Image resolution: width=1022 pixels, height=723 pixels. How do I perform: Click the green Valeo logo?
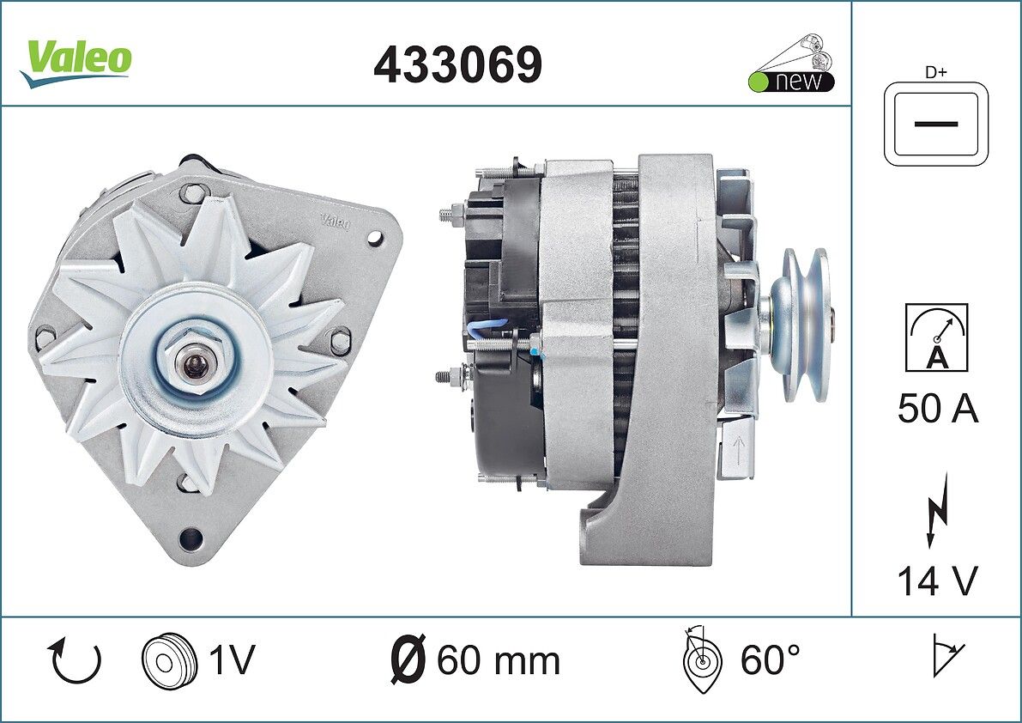coord(76,63)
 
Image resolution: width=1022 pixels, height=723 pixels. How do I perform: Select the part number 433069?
coord(457,65)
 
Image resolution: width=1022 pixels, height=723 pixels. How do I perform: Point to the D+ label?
coord(936,72)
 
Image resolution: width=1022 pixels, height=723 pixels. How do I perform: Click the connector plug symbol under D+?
coord(936,124)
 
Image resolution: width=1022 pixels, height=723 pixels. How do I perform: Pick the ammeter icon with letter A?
coord(936,337)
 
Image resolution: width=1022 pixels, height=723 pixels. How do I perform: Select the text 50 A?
coord(937,409)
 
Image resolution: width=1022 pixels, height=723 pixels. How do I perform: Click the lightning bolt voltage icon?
coord(935,510)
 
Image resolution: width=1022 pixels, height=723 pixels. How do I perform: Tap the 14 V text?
coord(937,580)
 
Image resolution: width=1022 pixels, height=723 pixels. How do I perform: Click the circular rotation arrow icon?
coord(75,660)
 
